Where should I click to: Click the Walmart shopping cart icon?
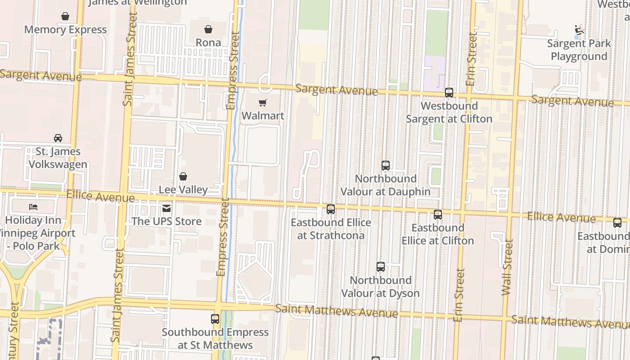(263, 103)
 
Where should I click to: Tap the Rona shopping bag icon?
(208, 30)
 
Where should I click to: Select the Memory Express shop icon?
(65, 17)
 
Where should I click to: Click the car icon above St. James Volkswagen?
(58, 138)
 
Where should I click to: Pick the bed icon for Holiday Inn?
(33, 207)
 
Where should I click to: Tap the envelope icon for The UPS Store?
(166, 208)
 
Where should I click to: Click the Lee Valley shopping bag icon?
(183, 176)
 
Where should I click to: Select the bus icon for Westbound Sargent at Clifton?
(449, 93)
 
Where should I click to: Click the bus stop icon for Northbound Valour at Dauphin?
(385, 165)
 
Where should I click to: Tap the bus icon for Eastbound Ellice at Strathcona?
(331, 209)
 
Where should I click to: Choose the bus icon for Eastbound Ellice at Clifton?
(437, 215)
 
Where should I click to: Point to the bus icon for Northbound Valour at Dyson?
(381, 267)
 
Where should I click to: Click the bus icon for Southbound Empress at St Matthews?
(215, 319)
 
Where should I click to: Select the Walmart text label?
(263, 116)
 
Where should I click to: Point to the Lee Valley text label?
(183, 189)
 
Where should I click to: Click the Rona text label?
(208, 43)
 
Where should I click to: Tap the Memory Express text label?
(65, 30)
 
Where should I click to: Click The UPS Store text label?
(166, 221)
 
